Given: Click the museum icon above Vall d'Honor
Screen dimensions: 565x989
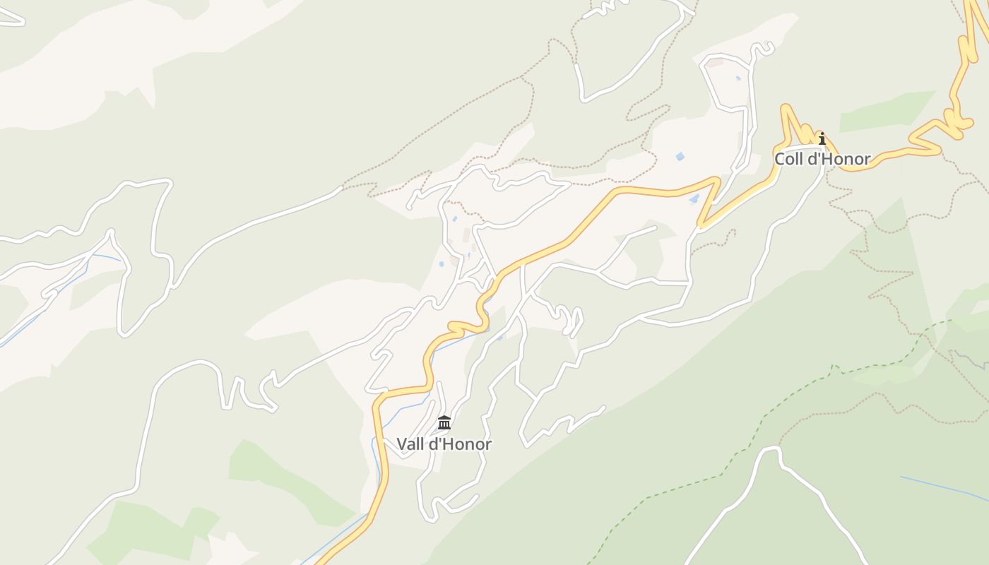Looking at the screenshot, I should pyautogui.click(x=444, y=422).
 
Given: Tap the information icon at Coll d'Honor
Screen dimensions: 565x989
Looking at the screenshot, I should pyautogui.click(x=822, y=138).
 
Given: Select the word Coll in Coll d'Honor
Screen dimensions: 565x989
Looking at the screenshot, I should pyautogui.click(x=788, y=159).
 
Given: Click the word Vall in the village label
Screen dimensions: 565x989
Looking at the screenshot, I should pyautogui.click(x=411, y=444).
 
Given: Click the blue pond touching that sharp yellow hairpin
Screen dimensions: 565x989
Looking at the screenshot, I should pyautogui.click(x=694, y=200).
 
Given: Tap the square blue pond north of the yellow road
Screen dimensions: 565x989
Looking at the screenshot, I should pyautogui.click(x=680, y=156).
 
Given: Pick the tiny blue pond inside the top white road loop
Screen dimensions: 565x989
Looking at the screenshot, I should pyautogui.click(x=738, y=78).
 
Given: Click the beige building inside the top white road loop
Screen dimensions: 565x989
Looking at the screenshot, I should pyautogui.click(x=716, y=63).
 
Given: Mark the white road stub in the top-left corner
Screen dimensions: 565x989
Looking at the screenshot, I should pyautogui.click(x=13, y=18).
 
